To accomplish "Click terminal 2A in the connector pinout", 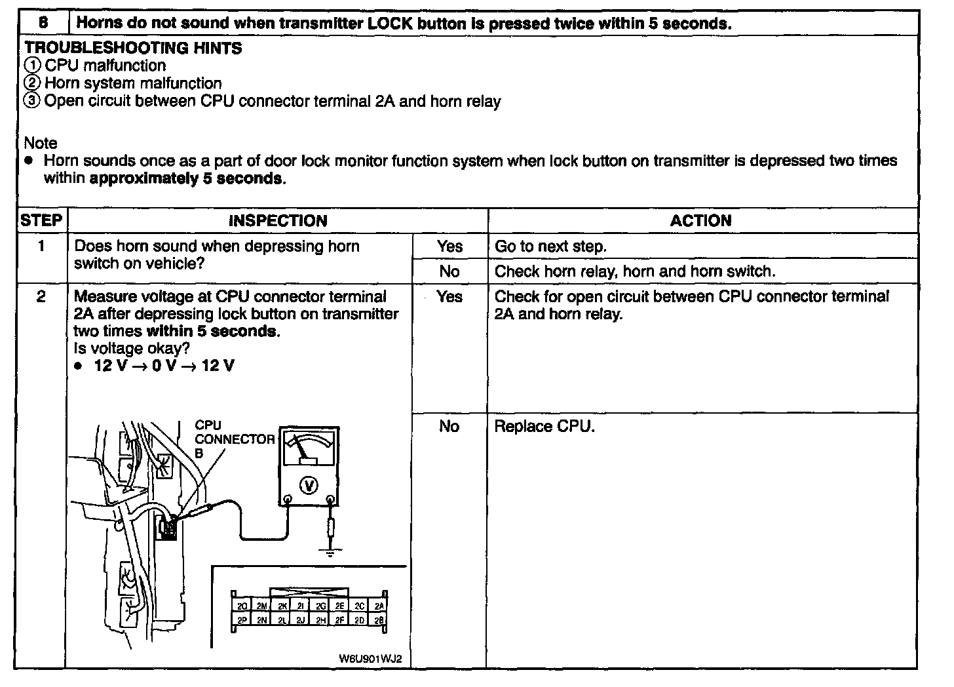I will tap(378, 606).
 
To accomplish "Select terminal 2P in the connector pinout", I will tap(242, 619).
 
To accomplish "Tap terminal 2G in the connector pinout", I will tap(320, 606).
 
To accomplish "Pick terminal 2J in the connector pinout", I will tap(301, 619).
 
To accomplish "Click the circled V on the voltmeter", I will tap(308, 485).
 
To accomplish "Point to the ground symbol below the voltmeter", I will tap(330, 551).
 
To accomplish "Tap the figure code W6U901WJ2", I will tap(372, 658).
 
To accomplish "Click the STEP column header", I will tap(41, 221).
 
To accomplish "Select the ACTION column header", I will tap(700, 221).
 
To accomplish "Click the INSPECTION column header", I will tap(278, 221).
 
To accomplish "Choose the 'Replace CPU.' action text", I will tap(544, 427).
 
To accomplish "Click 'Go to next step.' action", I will tap(550, 246).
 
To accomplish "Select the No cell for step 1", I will tap(449, 271).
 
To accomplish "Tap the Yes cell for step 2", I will tap(449, 297).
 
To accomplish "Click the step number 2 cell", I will tap(41, 297).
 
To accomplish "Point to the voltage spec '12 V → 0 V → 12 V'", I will tap(164, 366).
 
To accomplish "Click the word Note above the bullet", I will tap(41, 143).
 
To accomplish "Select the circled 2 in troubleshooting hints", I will tap(32, 83).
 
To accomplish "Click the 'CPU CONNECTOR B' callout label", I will tap(234, 439).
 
